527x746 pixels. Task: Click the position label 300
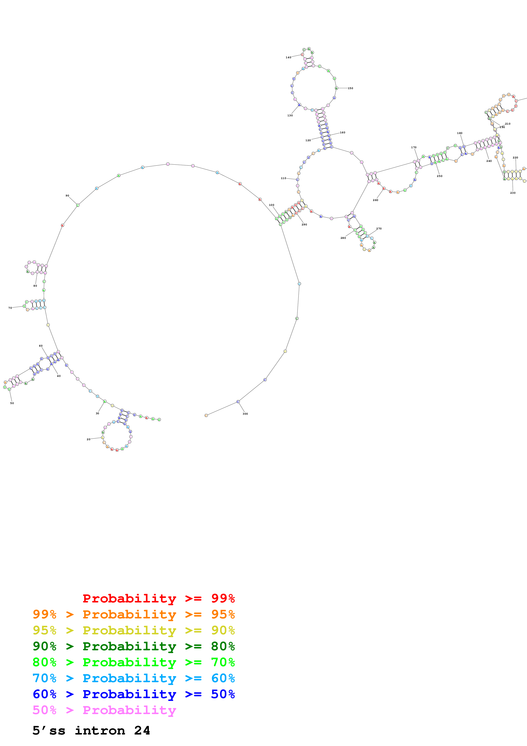coord(245,414)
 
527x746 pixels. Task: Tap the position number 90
coord(67,196)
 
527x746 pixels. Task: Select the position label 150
coord(350,88)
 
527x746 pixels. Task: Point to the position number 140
coord(288,57)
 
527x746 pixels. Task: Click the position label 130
coord(290,115)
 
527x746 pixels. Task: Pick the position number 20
coord(88,439)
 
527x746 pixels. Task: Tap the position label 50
coord(12,403)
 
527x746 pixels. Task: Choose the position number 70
coord(10,308)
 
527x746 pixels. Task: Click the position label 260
coord(375,200)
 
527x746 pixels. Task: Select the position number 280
coord(343,238)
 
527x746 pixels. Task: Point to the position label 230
coord(513,193)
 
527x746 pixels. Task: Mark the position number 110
coord(283,178)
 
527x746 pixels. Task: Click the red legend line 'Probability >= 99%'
coord(158,598)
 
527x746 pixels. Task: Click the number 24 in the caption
coord(142,730)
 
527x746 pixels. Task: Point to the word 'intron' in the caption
coord(100,730)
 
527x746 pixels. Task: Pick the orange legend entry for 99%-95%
coord(134,614)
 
